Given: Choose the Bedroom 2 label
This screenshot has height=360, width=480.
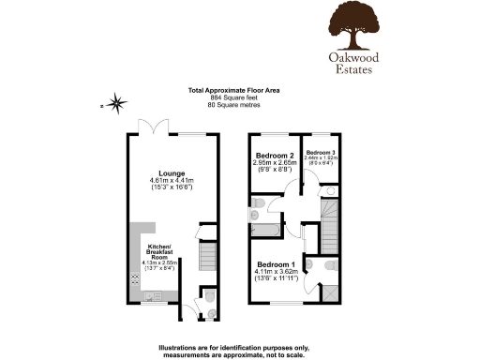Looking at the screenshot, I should pyautogui.click(x=274, y=155).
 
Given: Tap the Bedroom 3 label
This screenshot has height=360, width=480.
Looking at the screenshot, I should pyautogui.click(x=320, y=152).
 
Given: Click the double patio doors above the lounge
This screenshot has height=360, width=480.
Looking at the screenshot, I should pyautogui.click(x=150, y=127).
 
